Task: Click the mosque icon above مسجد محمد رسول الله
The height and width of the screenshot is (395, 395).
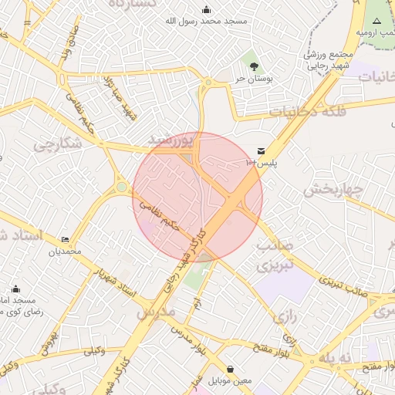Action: pos(206,9)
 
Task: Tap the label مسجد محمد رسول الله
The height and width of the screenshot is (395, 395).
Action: pos(206,21)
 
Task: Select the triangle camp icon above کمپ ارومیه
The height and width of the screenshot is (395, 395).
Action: pos(377,20)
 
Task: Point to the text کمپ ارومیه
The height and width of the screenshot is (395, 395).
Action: pos(376,33)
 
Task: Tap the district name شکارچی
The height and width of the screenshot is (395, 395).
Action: pos(56,144)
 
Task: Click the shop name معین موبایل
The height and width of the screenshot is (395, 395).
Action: pos(230,380)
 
